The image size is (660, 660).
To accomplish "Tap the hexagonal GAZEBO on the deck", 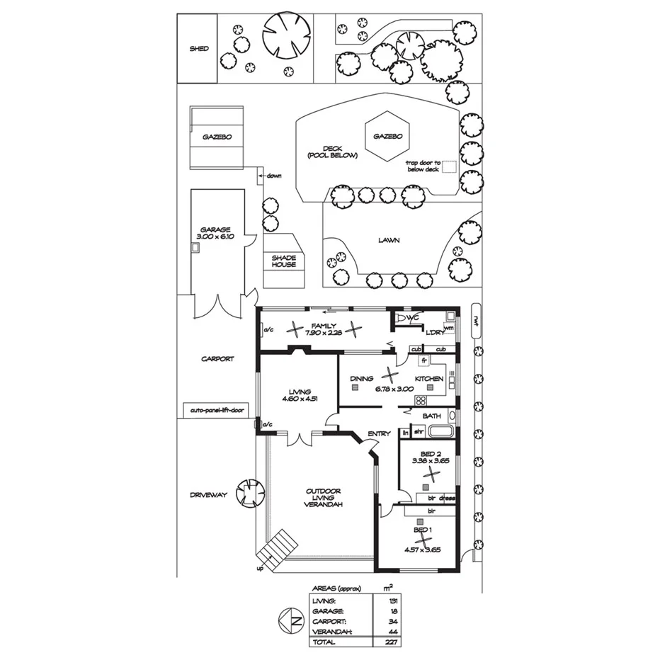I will pos(387,135).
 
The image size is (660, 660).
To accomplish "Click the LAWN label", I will pos(388,240).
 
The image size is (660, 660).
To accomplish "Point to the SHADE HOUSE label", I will pos(283,261).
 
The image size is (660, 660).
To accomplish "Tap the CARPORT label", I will pos(217,359).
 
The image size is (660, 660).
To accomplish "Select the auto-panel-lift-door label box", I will pos(217,410).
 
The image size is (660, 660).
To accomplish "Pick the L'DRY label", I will pos(433,332).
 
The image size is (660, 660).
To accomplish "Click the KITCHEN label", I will pos(429,380).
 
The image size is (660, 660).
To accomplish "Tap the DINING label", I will pos(362,380).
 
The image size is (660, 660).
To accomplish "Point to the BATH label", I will pos(432,416).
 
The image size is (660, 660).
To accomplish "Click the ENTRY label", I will pos(378,434).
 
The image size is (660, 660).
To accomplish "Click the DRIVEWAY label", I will pos(208,495).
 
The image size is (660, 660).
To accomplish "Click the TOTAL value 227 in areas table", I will pos(387,642).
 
